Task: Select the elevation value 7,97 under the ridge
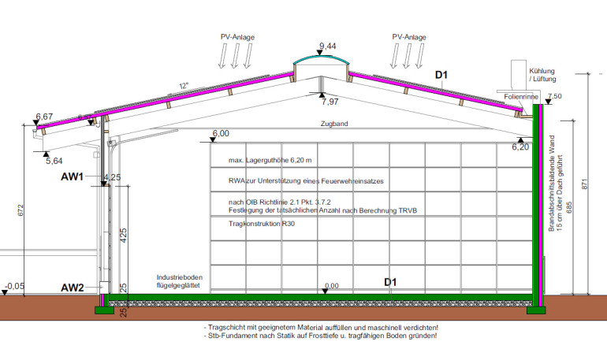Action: pos(331,102)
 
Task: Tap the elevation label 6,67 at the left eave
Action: pos(44,117)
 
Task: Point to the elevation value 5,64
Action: pos(54,161)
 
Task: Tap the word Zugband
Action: pos(333,124)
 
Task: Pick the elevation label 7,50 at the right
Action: pos(553,96)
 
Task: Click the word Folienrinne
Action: pos(518,97)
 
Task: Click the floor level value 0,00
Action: pos(330,286)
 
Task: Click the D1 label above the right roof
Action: pos(442,76)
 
